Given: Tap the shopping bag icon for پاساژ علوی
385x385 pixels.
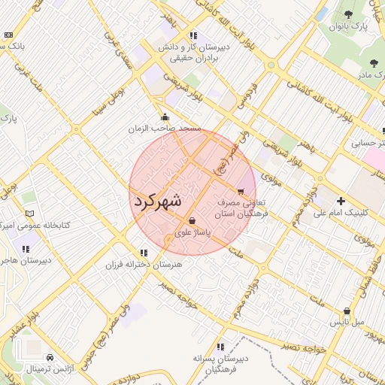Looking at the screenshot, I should pyautogui.click(x=194, y=221).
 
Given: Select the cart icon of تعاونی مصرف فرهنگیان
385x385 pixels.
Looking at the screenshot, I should pyautogui.click(x=241, y=191).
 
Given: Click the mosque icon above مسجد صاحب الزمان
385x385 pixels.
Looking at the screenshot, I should pyautogui.click(x=165, y=117).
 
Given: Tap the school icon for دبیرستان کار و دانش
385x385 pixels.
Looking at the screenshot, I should pyautogui.click(x=193, y=35).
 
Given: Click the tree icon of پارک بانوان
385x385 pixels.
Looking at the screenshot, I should pyautogui.click(x=347, y=14).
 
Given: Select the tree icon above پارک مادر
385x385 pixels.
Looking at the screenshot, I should pyautogui.click(x=374, y=63).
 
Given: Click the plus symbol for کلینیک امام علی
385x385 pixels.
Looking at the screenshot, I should pyautogui.click(x=341, y=201).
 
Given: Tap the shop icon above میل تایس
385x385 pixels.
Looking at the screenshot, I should pyautogui.click(x=347, y=311).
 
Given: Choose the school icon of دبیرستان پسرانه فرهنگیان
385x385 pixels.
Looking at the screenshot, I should pyautogui.click(x=220, y=347).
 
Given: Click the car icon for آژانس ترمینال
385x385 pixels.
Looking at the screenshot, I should pyautogui.click(x=50, y=357).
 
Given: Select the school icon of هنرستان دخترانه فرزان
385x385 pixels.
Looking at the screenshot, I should pyautogui.click(x=143, y=253).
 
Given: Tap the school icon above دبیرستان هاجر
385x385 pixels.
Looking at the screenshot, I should pyautogui.click(x=26, y=249).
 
